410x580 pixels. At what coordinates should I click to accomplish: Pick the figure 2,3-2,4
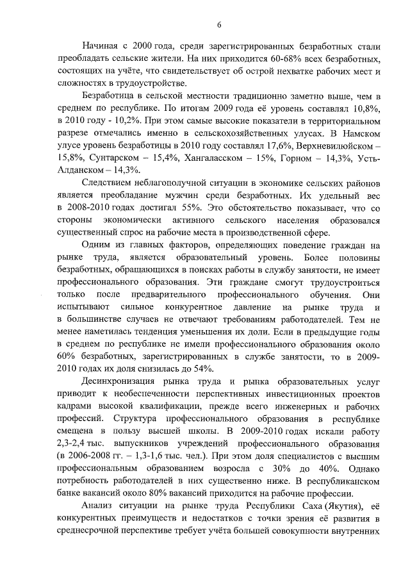72,443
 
